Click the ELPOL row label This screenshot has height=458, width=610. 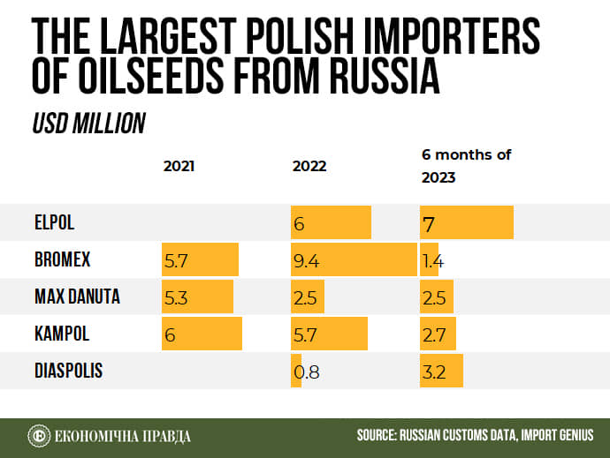pos(55,223)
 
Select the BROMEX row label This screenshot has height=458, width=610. pos(62,260)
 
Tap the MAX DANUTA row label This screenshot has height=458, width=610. pos(76,297)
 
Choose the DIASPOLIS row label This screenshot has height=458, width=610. pos(69,371)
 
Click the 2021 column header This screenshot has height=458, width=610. pos(179,166)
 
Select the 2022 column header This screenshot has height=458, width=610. pos(309,166)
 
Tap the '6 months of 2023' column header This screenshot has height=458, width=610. pos(466,166)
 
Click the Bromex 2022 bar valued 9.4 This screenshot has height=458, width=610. pos(355,260)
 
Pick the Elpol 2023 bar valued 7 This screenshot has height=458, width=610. pos(466,223)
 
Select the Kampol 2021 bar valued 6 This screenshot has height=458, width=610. pos(202,334)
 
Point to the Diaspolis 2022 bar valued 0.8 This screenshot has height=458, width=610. pos(296,371)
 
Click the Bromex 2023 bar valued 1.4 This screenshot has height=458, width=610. pos(429,260)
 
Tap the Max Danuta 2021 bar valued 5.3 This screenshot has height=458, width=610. pos(197,297)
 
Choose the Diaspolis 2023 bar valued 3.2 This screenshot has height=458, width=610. pos(441,371)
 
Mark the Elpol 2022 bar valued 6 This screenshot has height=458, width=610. pos(332,223)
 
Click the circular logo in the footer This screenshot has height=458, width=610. pos(38,436)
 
